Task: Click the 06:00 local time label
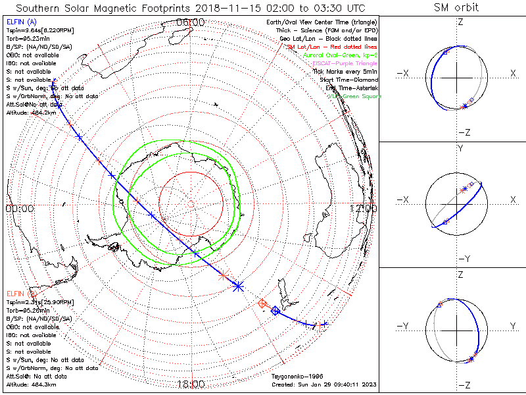191,23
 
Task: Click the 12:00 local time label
363,208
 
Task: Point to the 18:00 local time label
191,384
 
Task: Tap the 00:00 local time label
20,208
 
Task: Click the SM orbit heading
456,9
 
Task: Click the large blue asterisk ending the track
238,286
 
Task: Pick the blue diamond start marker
275,310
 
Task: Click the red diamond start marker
263,303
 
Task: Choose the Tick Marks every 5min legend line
345,72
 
